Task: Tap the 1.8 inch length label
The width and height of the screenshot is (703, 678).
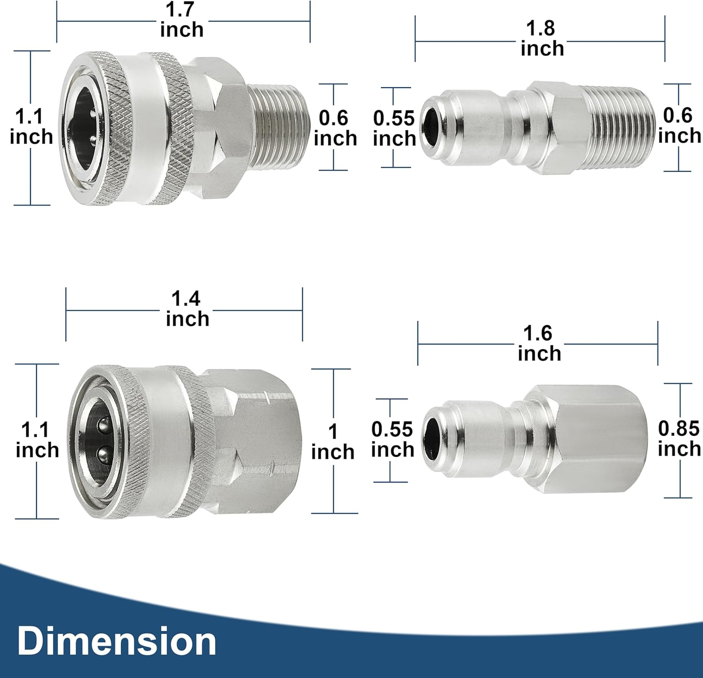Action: point(542,39)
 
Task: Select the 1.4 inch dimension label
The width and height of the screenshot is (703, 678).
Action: point(187,309)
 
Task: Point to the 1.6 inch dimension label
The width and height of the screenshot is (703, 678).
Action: point(539,343)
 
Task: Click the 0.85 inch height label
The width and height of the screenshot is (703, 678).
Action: point(679,439)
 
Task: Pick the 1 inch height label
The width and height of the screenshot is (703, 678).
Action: point(333,442)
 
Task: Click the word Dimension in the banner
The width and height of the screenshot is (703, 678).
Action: point(117,641)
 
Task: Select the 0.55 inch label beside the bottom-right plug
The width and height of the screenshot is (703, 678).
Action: point(392,440)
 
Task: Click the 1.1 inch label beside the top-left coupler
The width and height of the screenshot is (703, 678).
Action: point(31,127)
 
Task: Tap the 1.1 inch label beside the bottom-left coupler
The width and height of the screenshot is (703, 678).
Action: point(37,440)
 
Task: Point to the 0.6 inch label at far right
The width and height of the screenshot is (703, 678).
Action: point(679,126)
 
